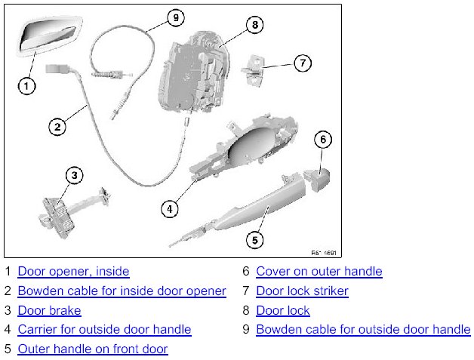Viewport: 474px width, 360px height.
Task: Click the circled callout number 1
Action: tap(26, 86)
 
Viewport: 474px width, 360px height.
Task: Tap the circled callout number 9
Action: tap(175, 17)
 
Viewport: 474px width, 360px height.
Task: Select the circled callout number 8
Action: tap(255, 25)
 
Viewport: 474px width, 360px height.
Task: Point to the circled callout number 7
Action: tap(301, 63)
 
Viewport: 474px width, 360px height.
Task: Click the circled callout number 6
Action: tap(322, 139)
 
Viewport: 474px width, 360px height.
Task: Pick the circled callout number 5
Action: tap(255, 241)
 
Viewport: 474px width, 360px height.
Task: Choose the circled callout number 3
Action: tap(73, 176)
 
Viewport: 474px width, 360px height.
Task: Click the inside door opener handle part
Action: tap(46, 36)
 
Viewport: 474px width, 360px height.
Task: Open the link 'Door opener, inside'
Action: tap(73, 271)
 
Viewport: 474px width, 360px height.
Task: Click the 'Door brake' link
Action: tap(49, 310)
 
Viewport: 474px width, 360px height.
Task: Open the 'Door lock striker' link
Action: tap(302, 291)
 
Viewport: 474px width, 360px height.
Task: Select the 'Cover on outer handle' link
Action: tap(319, 271)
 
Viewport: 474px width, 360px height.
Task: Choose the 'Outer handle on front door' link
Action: tap(93, 349)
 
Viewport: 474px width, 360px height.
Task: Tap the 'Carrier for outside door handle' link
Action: tap(104, 329)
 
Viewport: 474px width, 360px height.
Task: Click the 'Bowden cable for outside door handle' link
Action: tap(363, 329)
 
